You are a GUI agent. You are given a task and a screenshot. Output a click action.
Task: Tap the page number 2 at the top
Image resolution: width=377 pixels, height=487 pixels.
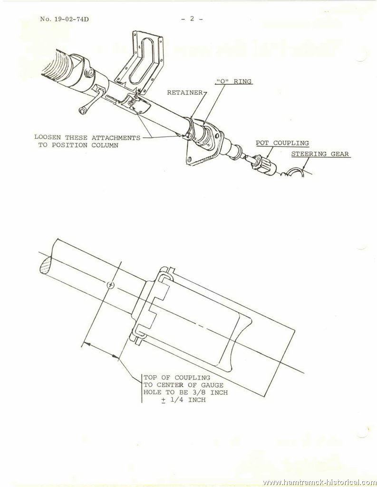pos(192,19)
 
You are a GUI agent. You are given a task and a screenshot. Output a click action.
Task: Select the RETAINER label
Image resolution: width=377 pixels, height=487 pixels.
pos(185,93)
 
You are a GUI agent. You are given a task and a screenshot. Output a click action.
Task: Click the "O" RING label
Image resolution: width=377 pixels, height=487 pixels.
pos(233,81)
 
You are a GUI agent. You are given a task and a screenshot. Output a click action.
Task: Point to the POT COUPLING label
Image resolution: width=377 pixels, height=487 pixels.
pos(282,143)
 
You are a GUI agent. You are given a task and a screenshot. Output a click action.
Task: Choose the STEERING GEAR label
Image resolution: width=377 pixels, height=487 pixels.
pos(320,154)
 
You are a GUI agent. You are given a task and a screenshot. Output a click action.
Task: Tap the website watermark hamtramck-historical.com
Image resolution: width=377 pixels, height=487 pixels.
pos(320,482)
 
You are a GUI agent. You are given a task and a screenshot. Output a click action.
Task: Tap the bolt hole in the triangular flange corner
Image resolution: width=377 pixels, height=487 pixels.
pos(189,160)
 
